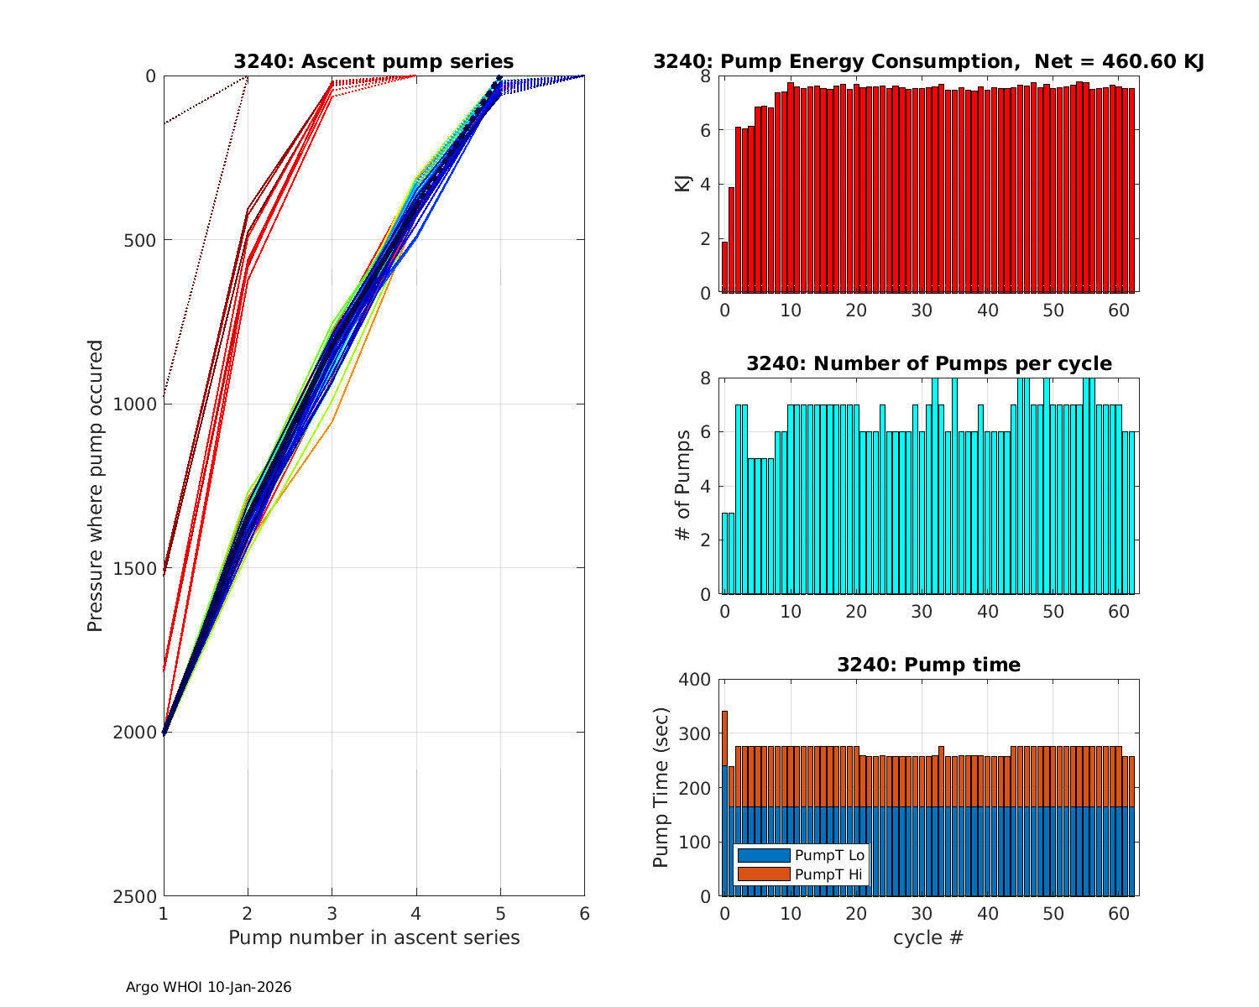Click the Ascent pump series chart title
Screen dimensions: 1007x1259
coord(374,61)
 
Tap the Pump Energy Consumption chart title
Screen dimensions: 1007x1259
coord(928,61)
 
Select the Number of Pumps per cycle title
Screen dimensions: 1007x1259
coord(928,363)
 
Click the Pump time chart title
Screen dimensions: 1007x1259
coord(928,665)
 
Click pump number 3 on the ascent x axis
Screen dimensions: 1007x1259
coord(332,913)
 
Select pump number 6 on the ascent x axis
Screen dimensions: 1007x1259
coord(584,913)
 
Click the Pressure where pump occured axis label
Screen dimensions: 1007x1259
coord(95,485)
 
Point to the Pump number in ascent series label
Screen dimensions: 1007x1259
coord(374,937)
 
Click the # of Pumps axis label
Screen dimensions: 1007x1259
coord(682,485)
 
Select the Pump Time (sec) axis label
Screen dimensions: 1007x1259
coord(661,787)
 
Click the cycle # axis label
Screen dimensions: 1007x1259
coord(928,937)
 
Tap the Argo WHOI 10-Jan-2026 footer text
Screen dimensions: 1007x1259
coord(208,988)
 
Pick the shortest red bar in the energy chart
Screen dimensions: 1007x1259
coord(724,268)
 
